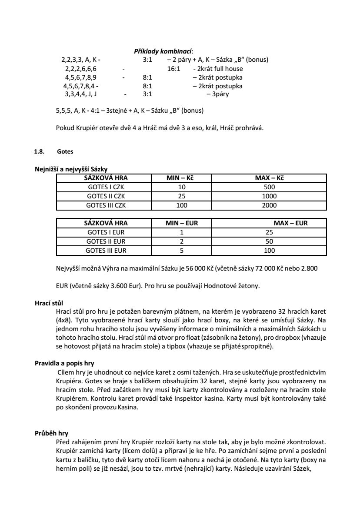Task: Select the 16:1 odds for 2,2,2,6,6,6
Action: click(174, 69)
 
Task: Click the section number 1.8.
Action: click(39, 152)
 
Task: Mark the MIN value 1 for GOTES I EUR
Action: click(182, 232)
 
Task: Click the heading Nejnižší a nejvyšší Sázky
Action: click(71, 170)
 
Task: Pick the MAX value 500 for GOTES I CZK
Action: click(270, 187)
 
